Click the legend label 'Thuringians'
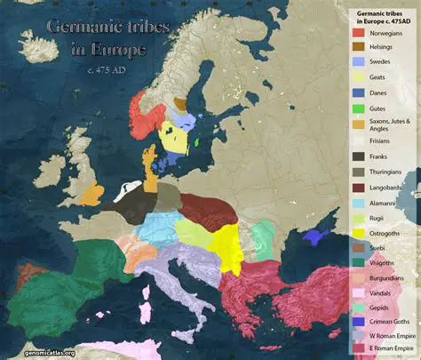[385, 172]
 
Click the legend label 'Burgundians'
[386, 279]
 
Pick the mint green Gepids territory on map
[261, 239]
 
